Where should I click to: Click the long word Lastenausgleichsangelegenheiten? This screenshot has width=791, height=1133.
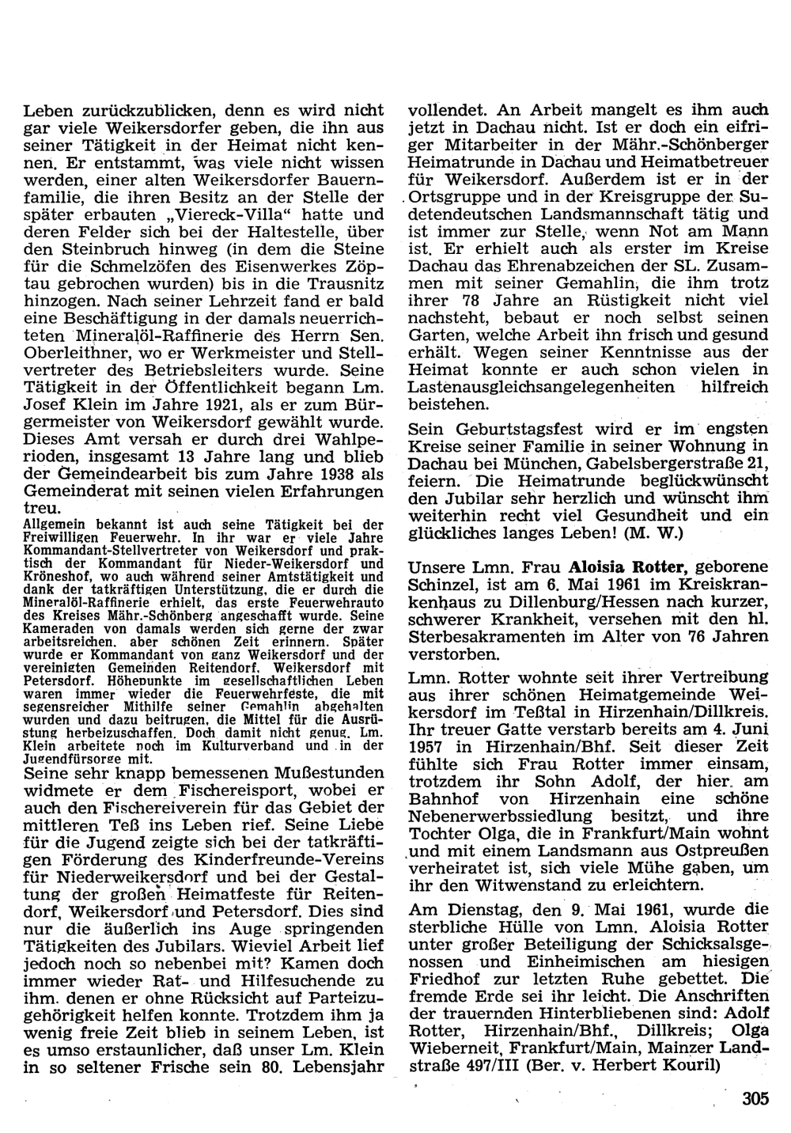tap(542, 388)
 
